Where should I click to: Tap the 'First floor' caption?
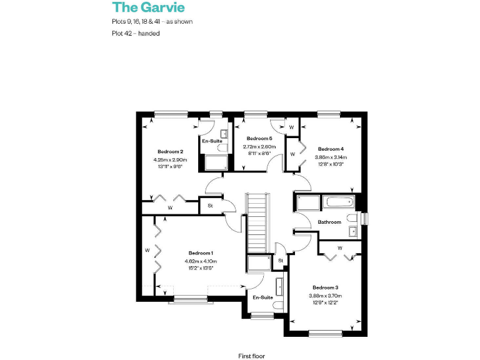click(251, 356)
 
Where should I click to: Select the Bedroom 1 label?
click(201, 253)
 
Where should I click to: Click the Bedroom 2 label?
click(170, 152)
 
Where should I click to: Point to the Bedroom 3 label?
click(325, 287)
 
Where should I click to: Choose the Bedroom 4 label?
click(331, 149)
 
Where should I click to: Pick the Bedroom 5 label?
click(259, 138)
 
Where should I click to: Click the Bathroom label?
click(329, 222)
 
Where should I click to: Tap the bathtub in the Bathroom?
click(337, 203)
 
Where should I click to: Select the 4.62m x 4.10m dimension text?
click(201, 261)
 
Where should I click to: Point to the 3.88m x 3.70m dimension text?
click(325, 296)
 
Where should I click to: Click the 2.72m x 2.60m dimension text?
click(259, 146)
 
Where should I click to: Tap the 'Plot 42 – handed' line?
click(132, 33)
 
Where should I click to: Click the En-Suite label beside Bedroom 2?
click(212, 141)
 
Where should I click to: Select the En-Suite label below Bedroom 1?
click(262, 297)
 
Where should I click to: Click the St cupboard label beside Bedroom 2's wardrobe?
click(210, 204)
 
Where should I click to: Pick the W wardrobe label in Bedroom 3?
click(340, 248)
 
